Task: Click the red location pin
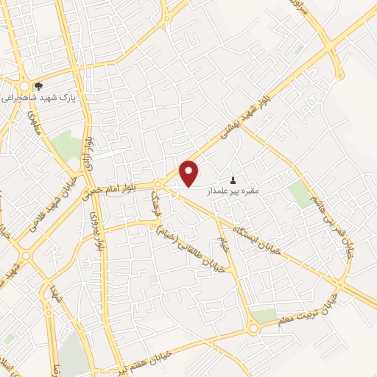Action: coord(190,172)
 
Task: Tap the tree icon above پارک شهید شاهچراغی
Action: coord(38,86)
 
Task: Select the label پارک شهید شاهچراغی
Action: coord(39,96)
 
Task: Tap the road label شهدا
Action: coord(54,297)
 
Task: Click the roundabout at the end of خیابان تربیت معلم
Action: coord(253,329)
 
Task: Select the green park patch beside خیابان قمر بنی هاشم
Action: coord(300,194)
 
